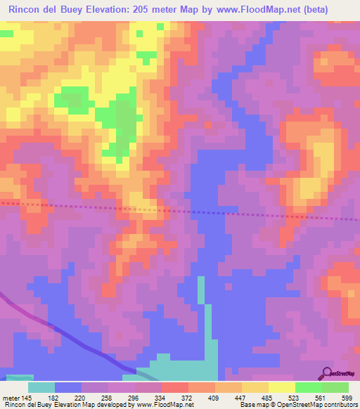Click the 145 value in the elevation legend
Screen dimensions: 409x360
coord(25,398)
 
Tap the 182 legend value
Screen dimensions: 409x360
coord(54,398)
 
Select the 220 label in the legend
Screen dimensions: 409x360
coord(82,398)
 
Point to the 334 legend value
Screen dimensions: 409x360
coord(161,398)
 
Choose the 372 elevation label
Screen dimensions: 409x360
coord(188,398)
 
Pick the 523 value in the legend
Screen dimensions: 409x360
coord(295,398)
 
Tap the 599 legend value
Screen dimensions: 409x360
coord(347,398)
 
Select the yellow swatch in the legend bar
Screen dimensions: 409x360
coord(281,387)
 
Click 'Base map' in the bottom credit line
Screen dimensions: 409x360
coord(252,405)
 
